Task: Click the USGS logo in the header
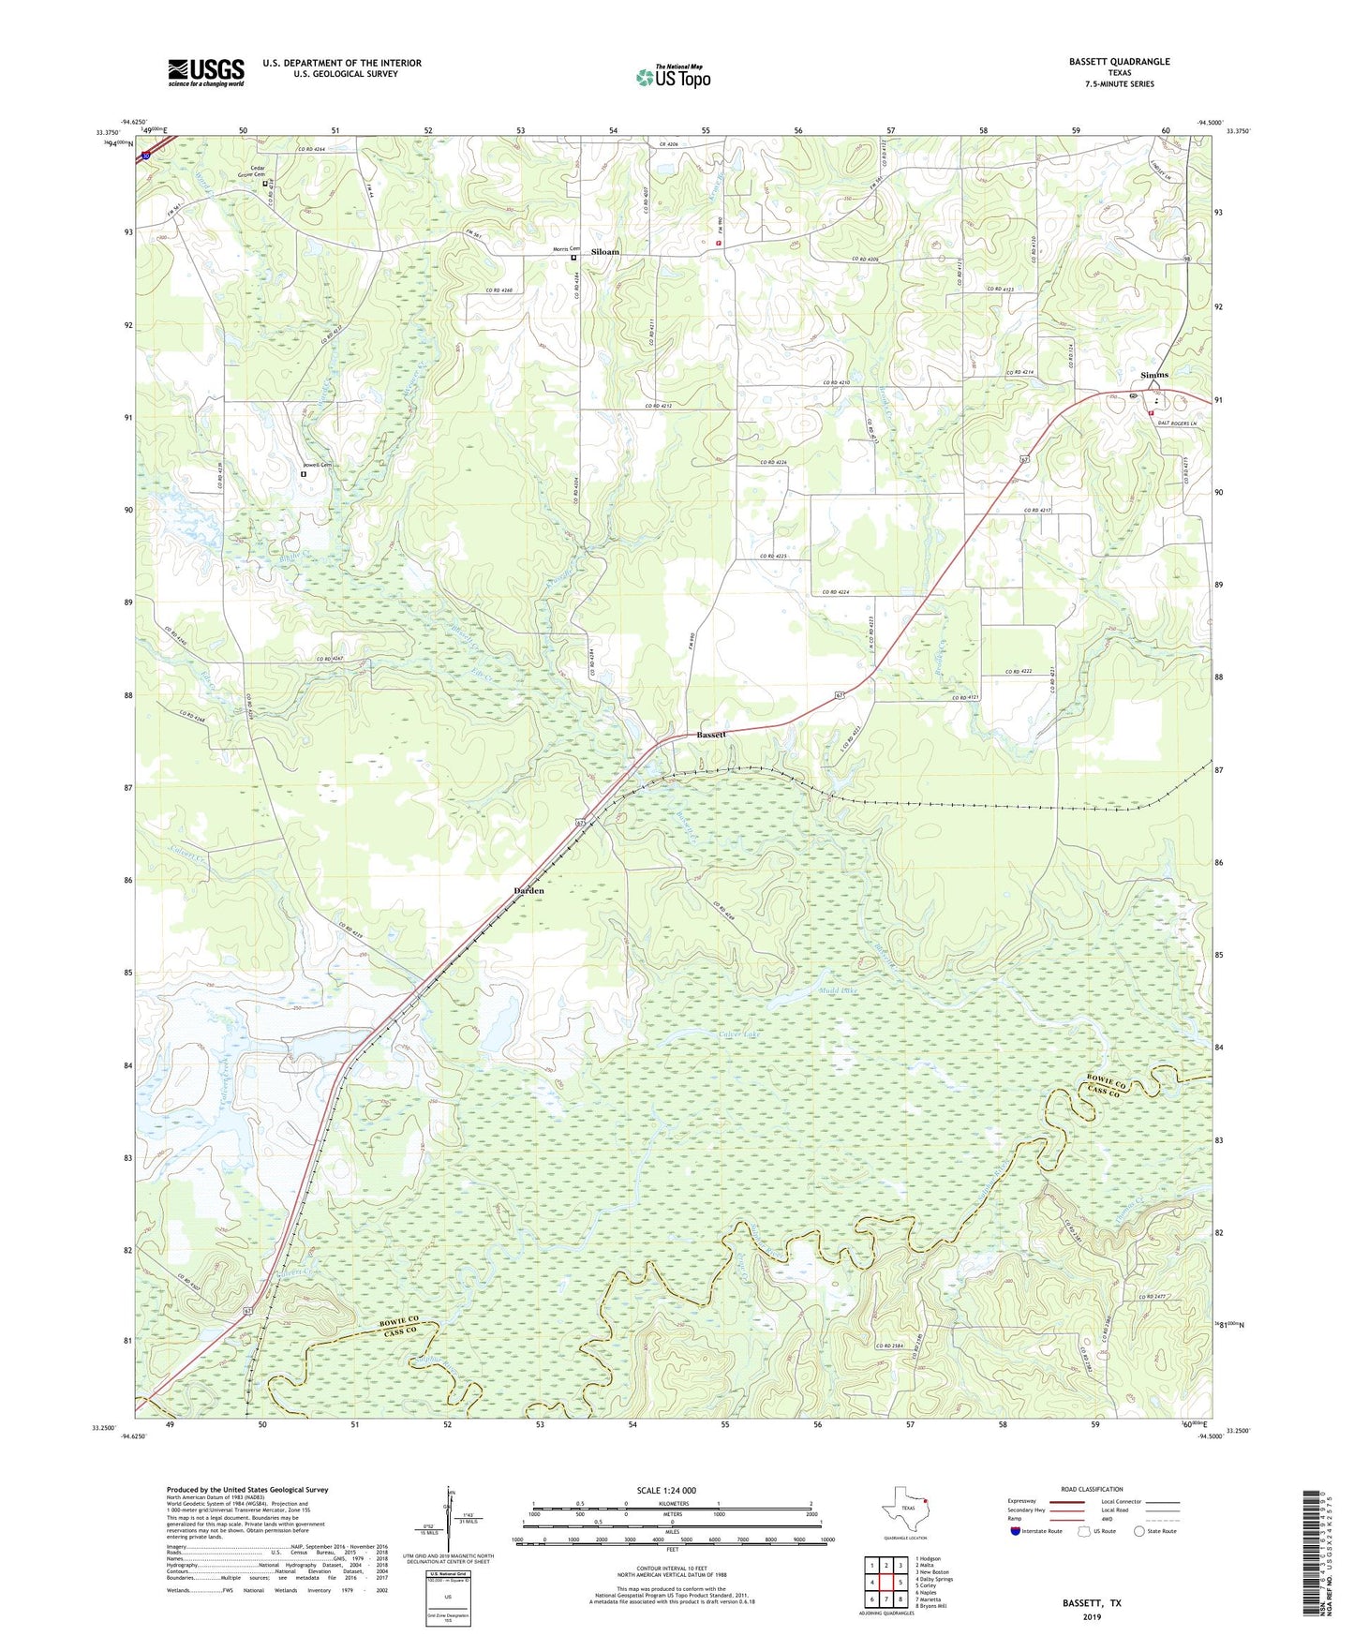tap(206, 72)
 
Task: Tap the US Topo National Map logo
tap(672, 76)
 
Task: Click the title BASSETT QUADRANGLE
tap(1119, 62)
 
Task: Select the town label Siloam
tap(605, 252)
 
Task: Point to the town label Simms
tap(1154, 375)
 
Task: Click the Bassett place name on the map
tap(711, 736)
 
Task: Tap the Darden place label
tap(528, 890)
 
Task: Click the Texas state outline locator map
tap(904, 1510)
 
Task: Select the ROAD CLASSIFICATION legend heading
tap(1092, 1489)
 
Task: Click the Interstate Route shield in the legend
tap(1016, 1531)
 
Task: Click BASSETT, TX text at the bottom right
tap(1092, 1603)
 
